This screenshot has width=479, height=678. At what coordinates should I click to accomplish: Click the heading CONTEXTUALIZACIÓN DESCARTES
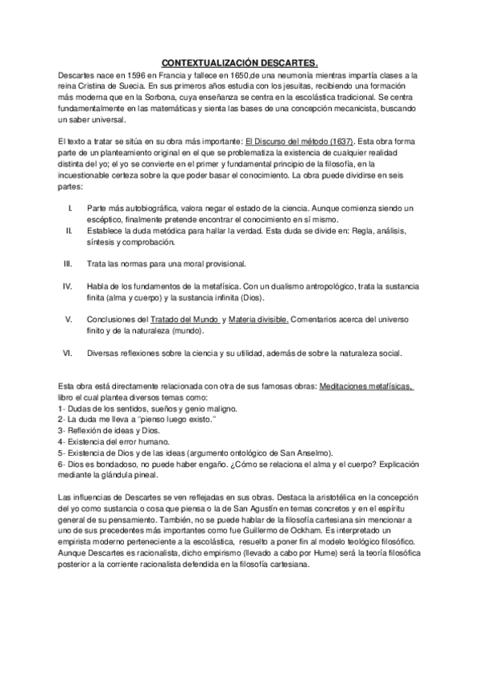click(239, 61)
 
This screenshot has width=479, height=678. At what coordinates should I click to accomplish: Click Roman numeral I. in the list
click(70, 209)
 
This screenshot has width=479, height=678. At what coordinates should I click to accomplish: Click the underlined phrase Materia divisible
click(257, 319)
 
